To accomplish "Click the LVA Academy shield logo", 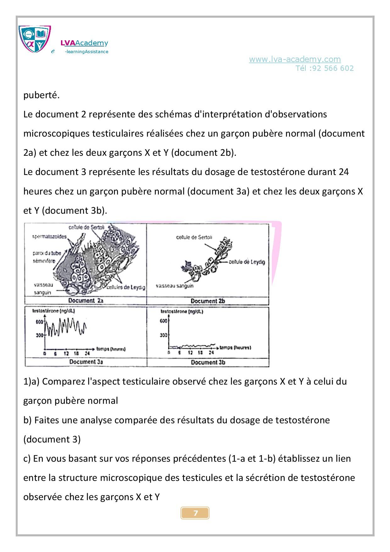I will click(x=34, y=39).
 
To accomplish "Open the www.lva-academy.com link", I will click(x=295, y=59).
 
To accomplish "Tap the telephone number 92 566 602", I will click(x=333, y=68).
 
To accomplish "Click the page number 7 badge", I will click(x=195, y=513).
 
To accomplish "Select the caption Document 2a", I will click(x=86, y=301).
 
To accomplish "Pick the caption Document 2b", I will click(x=208, y=301).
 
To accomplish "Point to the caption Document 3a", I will click(x=86, y=362).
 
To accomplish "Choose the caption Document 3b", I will click(x=208, y=362).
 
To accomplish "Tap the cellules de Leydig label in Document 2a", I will click(x=126, y=287).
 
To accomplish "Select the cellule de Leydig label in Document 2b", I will click(x=247, y=262).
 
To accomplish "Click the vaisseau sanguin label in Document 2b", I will click(x=175, y=286).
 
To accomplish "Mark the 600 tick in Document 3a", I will click(x=39, y=322).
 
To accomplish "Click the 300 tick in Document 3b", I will click(x=163, y=335).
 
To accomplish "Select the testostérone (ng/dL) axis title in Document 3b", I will click(x=182, y=312).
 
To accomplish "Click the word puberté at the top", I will click(x=41, y=95).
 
